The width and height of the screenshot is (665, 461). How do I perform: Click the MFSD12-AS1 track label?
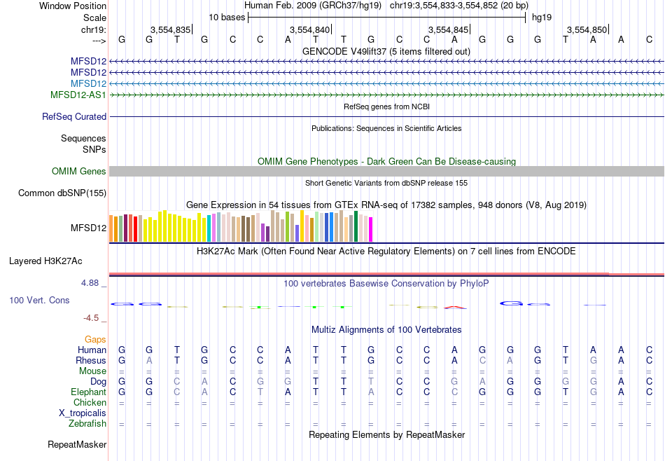[78, 95]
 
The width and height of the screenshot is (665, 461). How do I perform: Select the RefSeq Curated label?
[74, 117]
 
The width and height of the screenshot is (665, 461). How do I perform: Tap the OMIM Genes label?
[79, 172]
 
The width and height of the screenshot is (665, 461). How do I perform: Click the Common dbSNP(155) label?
[63, 193]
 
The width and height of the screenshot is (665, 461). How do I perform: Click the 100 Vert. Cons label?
[39, 300]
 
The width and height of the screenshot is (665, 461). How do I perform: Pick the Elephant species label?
[89, 392]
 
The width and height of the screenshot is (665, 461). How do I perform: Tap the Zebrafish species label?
[87, 424]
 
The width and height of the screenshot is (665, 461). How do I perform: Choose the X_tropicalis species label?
[83, 413]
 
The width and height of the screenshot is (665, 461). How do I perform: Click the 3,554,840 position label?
[309, 29]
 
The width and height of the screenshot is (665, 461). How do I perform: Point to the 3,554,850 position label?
[587, 29]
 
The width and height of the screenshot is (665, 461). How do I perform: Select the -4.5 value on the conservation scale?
[94, 318]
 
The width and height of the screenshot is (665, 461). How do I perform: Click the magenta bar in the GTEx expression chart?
[370, 230]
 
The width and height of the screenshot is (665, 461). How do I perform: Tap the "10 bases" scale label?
[227, 17]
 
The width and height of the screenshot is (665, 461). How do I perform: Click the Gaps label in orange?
[95, 339]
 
